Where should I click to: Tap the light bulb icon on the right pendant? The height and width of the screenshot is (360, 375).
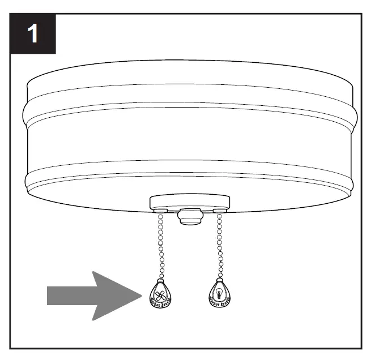pyautogui.click(x=217, y=293)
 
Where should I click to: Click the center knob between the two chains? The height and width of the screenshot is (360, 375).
pyautogui.click(x=189, y=217)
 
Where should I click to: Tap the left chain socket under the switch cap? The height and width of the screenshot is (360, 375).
pyautogui.click(x=160, y=211)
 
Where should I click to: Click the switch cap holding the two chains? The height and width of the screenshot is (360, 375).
pyautogui.click(x=189, y=201)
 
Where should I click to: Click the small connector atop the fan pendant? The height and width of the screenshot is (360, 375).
pyautogui.click(x=161, y=280)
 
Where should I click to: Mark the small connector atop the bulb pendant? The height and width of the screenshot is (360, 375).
pyautogui.click(x=218, y=280)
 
